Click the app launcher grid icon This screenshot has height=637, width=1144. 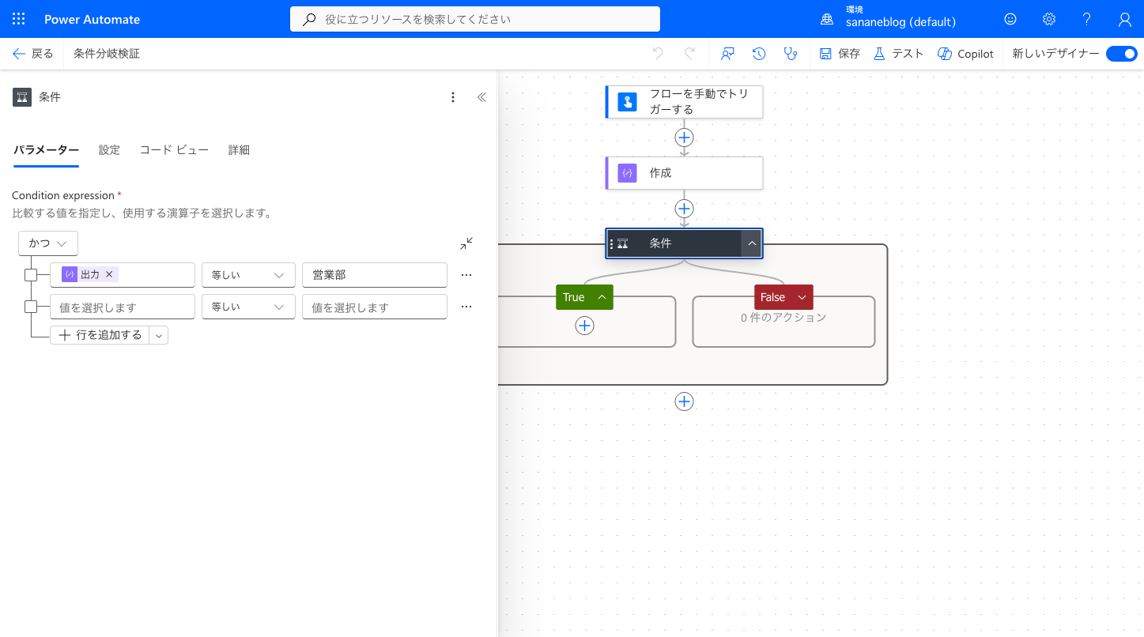[x=18, y=19]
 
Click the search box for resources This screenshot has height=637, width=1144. [x=475, y=19]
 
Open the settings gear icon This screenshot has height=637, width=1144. [x=1049, y=19]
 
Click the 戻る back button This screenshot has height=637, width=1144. [x=33, y=54]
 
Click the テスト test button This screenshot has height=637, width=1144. [x=899, y=54]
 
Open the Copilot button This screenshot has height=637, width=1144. [x=965, y=54]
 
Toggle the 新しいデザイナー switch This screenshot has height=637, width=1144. [x=1122, y=54]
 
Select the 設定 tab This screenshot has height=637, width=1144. [x=109, y=150]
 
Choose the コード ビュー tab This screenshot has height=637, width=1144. [x=174, y=150]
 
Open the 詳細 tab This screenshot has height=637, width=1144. [x=239, y=150]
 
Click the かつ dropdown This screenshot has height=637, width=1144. [x=48, y=243]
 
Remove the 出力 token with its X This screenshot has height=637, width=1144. [x=109, y=274]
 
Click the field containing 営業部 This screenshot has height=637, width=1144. [x=375, y=275]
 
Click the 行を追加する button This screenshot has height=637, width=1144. [x=100, y=335]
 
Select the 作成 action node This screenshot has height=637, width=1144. [x=684, y=173]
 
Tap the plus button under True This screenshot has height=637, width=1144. [x=584, y=326]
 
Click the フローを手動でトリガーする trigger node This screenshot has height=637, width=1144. [x=684, y=102]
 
